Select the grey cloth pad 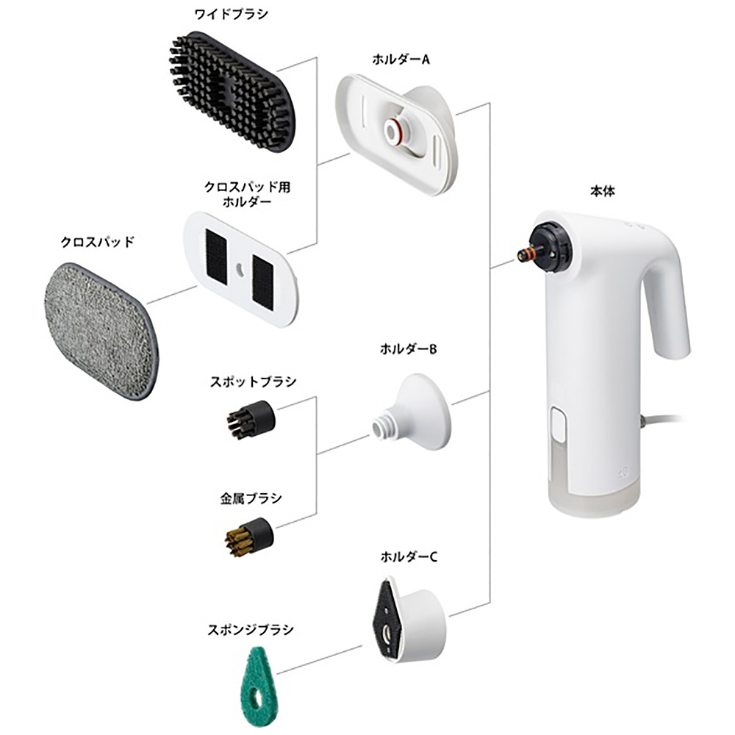click(99, 332)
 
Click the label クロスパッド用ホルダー click(247, 193)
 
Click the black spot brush click(251, 420)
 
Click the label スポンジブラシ click(251, 630)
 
